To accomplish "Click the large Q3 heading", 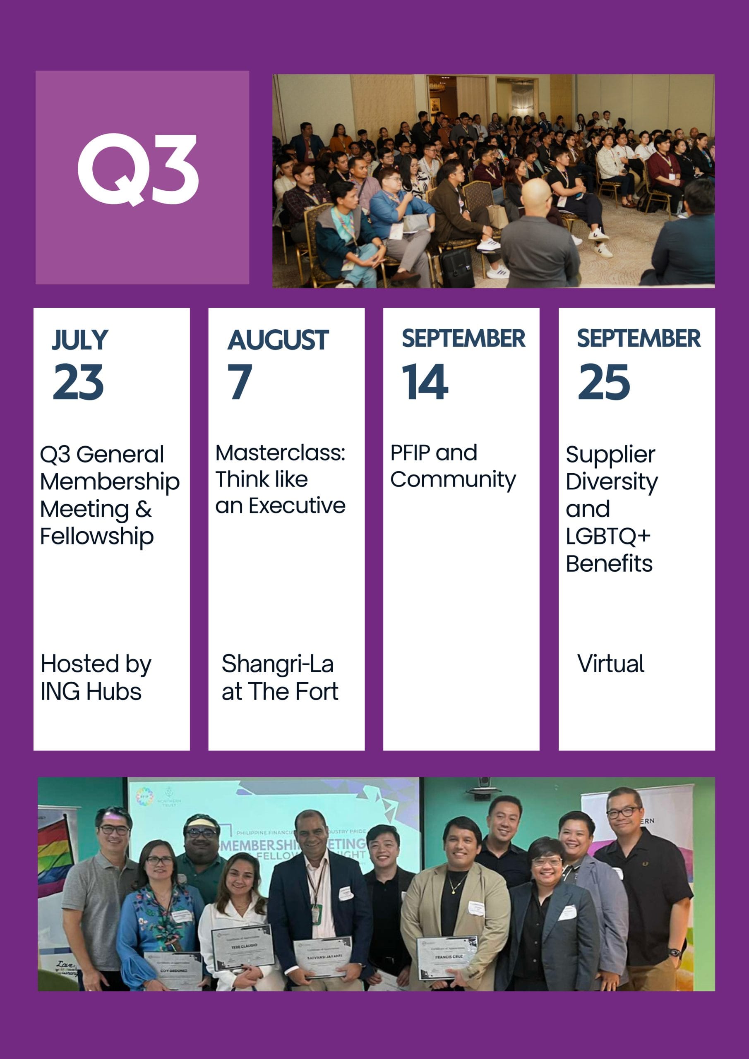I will pyautogui.click(x=139, y=169).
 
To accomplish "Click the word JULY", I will pyautogui.click(x=80, y=340).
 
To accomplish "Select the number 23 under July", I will pyautogui.click(x=79, y=381).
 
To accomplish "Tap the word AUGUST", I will pyautogui.click(x=278, y=340).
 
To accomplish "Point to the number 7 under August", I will pyautogui.click(x=240, y=381).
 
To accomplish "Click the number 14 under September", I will pyautogui.click(x=425, y=381).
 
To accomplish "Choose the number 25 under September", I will pyautogui.click(x=604, y=381).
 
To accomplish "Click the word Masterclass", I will pyautogui.click(x=280, y=453).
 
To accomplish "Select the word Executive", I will pyautogui.click(x=297, y=506).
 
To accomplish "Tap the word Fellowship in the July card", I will pyautogui.click(x=97, y=537).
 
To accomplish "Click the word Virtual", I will pyautogui.click(x=610, y=664).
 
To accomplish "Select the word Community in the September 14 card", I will pyautogui.click(x=453, y=480).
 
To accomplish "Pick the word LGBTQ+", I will pyautogui.click(x=608, y=536).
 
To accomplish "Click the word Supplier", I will pyautogui.click(x=610, y=455).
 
